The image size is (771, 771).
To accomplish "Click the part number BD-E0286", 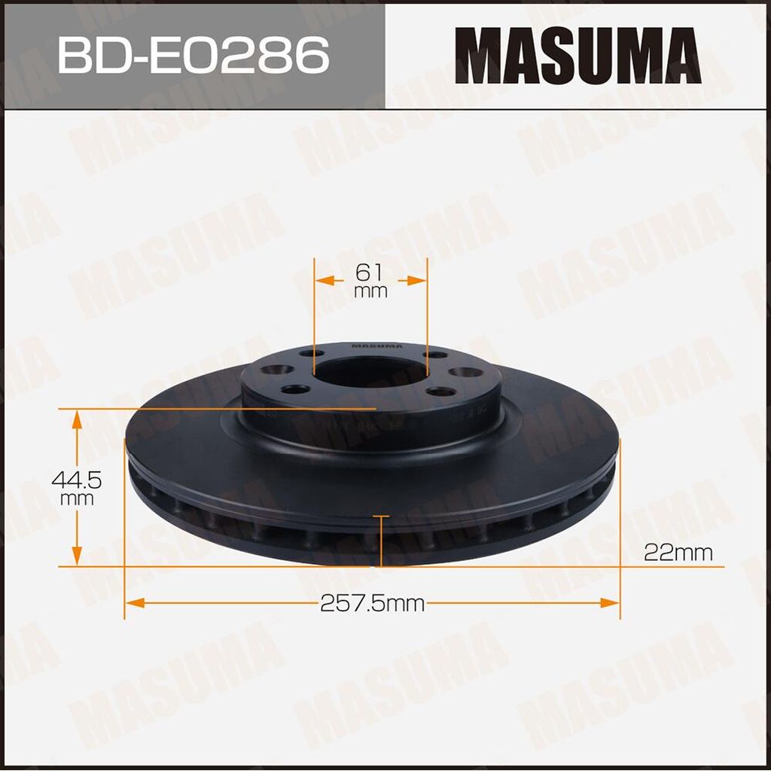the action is tap(193, 55).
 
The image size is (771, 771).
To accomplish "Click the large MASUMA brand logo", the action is tap(577, 55).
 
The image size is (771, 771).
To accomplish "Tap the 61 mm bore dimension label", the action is tap(370, 280).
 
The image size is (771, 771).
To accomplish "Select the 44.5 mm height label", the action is tap(76, 487).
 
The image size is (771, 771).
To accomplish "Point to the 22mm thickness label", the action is tap(678, 553).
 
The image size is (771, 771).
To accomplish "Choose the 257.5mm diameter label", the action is tap(372, 603).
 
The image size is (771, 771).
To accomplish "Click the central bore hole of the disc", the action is tap(370, 373).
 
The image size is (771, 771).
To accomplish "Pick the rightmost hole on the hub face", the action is tap(465, 372).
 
